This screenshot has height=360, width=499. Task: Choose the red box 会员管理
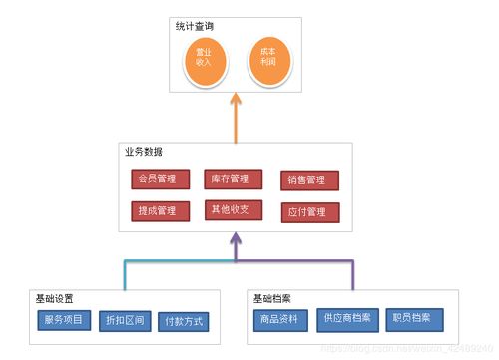[x=158, y=180]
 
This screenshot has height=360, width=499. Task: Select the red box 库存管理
[x=233, y=180]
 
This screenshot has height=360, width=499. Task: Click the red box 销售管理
[x=309, y=180]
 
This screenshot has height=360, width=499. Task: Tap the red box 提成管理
[x=158, y=211]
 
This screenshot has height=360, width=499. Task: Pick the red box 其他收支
[x=233, y=210]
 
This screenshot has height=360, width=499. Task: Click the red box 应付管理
[x=309, y=212]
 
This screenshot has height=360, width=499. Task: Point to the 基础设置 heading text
[x=54, y=298]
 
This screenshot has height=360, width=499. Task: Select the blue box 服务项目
[x=63, y=321]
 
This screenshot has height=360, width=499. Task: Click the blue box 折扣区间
[x=124, y=322]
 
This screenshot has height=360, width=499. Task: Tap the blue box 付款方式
[x=184, y=322]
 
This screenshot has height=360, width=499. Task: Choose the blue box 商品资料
[x=281, y=319]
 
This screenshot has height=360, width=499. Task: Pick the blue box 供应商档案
[x=346, y=319]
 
